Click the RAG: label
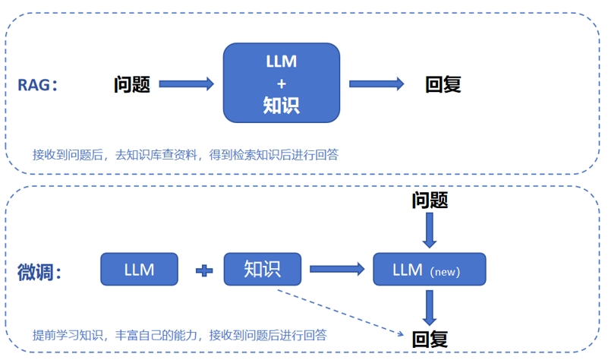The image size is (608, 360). pyautogui.click(x=38, y=84)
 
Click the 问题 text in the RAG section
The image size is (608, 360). pyautogui.click(x=132, y=84)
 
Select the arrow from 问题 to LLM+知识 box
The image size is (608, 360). pyautogui.click(x=187, y=84)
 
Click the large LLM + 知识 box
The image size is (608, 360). pyautogui.click(x=281, y=84)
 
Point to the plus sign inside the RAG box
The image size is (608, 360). pyautogui.click(x=281, y=84)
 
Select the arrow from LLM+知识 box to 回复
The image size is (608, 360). pyautogui.click(x=376, y=84)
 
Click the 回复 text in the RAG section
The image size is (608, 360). pyautogui.click(x=443, y=84)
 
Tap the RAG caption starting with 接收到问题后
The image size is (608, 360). pyautogui.click(x=185, y=154)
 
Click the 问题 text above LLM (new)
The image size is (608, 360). pyautogui.click(x=430, y=200)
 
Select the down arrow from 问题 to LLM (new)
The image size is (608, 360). pyautogui.click(x=430, y=230)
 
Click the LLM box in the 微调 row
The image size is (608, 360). pyautogui.click(x=139, y=270)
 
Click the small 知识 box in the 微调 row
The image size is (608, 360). pyautogui.click(x=263, y=270)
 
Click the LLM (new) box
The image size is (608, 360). pyautogui.click(x=430, y=270)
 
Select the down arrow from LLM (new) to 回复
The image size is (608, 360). pyautogui.click(x=430, y=307)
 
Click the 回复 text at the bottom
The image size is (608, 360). pyautogui.click(x=430, y=339)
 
